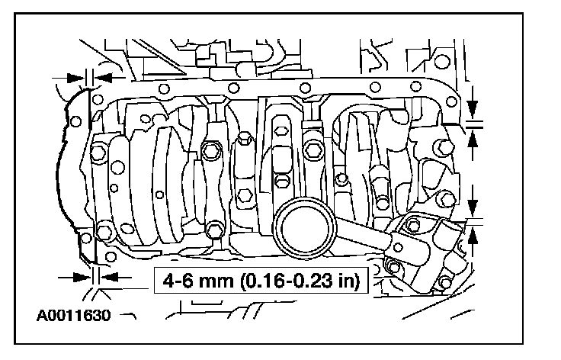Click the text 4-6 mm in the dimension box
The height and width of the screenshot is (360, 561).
click(197, 280)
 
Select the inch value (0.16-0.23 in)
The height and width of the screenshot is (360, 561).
click(300, 281)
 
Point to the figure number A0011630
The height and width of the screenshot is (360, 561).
click(74, 315)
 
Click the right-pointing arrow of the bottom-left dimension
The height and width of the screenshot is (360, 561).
click(75, 277)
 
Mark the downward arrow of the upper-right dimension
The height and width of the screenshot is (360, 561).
click(473, 103)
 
